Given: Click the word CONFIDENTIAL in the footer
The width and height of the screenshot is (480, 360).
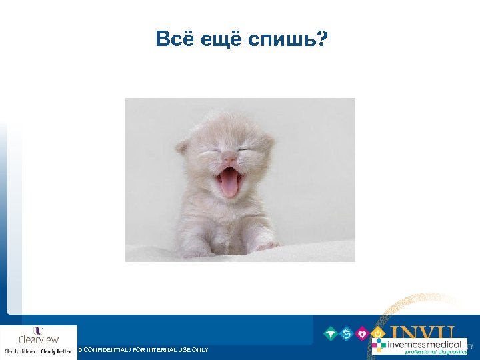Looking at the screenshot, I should (x=113, y=350).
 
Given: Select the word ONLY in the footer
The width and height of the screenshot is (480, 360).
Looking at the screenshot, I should (x=197, y=350).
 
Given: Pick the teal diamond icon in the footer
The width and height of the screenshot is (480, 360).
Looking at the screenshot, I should (x=331, y=333).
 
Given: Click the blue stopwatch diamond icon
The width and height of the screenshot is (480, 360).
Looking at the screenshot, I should (x=347, y=333).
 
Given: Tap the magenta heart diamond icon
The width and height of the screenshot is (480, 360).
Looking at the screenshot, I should (x=363, y=333).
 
